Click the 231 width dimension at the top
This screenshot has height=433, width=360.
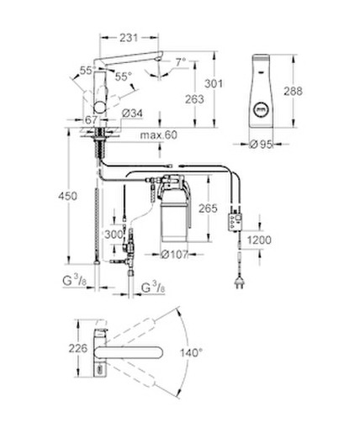(129, 38)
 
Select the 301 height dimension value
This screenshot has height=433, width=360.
(214, 83)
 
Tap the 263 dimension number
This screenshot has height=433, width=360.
(194, 99)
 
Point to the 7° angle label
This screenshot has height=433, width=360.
(181, 62)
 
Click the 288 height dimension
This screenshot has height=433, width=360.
(294, 91)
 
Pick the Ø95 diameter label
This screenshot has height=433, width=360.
(261, 145)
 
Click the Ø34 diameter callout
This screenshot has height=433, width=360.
(132, 114)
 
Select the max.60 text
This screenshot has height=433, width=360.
(159, 135)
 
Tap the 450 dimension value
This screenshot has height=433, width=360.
(67, 196)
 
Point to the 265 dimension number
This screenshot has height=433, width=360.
(208, 209)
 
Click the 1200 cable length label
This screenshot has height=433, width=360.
(259, 240)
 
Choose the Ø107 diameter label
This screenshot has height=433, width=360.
(174, 255)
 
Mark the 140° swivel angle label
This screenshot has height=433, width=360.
(191, 353)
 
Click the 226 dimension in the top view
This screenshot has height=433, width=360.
(78, 348)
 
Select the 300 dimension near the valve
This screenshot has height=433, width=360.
(114, 235)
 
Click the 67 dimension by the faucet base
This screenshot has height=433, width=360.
(91, 120)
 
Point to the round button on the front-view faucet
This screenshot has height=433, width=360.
(261, 108)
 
